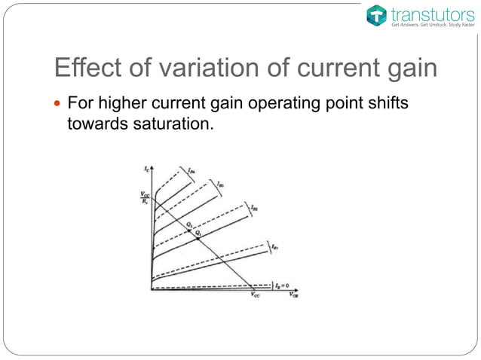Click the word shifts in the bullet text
click(x=387, y=102)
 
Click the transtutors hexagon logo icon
click(x=376, y=14)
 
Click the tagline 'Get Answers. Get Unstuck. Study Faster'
click(x=431, y=25)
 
